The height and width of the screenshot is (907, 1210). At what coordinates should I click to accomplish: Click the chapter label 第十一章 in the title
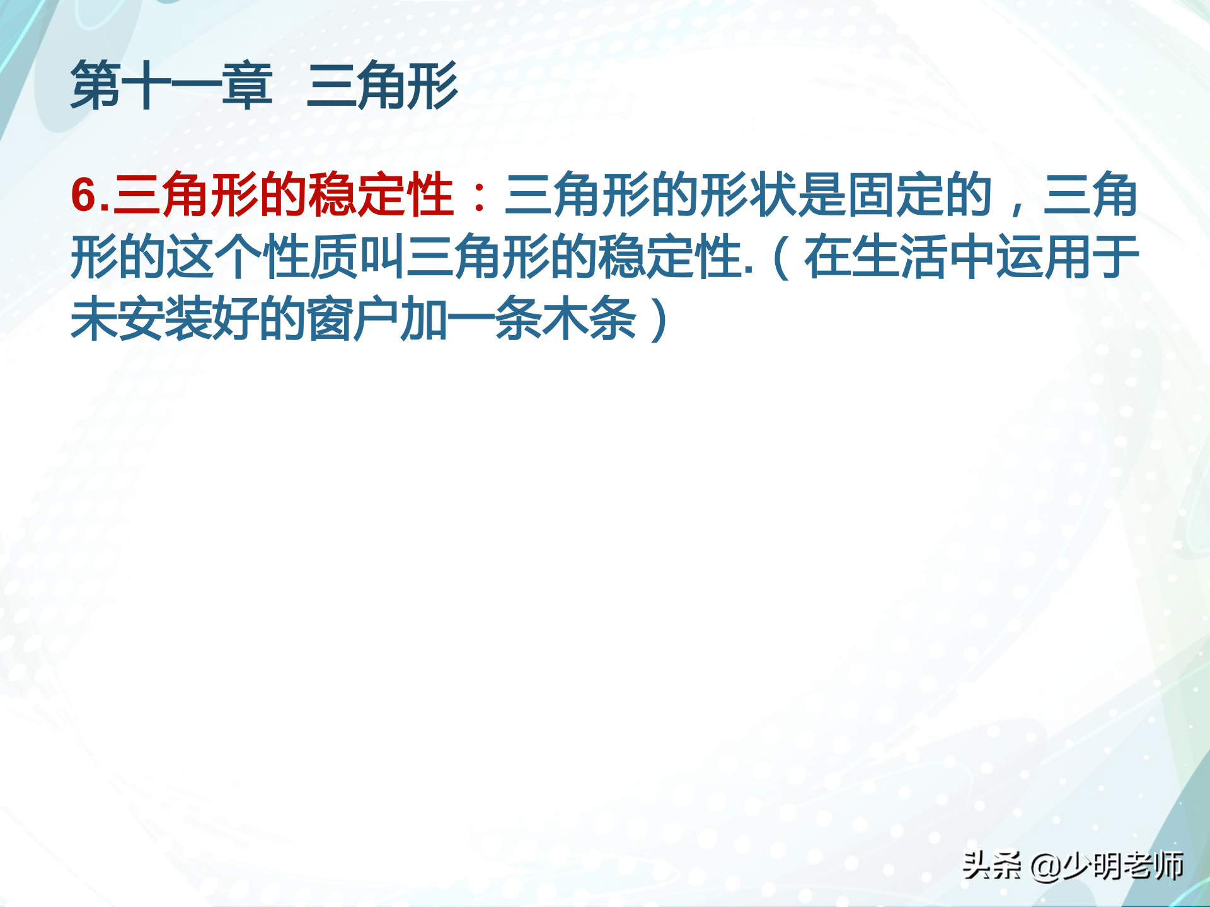coord(171,85)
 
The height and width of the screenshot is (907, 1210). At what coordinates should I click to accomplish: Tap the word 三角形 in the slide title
coord(383,85)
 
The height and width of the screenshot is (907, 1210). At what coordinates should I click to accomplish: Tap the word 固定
coord(894,195)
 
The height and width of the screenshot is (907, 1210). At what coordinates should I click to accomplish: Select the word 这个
coord(215,256)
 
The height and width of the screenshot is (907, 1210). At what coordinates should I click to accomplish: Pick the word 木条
coord(589,319)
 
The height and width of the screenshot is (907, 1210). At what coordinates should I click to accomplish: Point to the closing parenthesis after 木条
coord(659,319)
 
